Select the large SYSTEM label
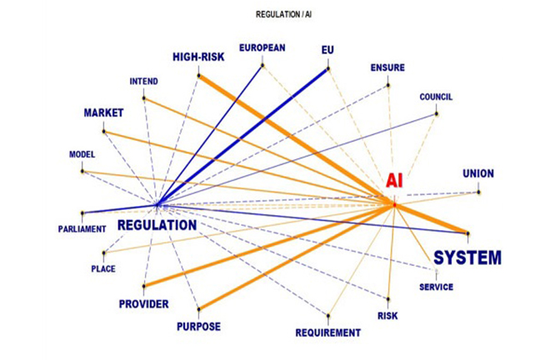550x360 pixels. [x=467, y=257]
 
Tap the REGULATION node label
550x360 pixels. [x=157, y=225]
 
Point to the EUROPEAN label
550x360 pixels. [x=262, y=47]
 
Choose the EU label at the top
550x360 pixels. [x=327, y=50]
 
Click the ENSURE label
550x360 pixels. [x=387, y=67]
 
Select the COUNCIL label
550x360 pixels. [x=436, y=97]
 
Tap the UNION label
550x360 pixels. [x=478, y=173]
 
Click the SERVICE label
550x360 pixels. [x=436, y=287]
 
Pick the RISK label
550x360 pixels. [x=387, y=316]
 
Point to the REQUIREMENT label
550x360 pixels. [x=328, y=332]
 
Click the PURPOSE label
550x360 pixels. [x=198, y=326]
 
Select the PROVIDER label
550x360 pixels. [x=143, y=303]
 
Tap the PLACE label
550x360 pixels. [x=103, y=268]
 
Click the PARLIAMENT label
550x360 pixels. [x=82, y=228]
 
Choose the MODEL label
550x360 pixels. [x=82, y=154]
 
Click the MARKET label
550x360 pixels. [x=103, y=112]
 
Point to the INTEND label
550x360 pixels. [x=143, y=82]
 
